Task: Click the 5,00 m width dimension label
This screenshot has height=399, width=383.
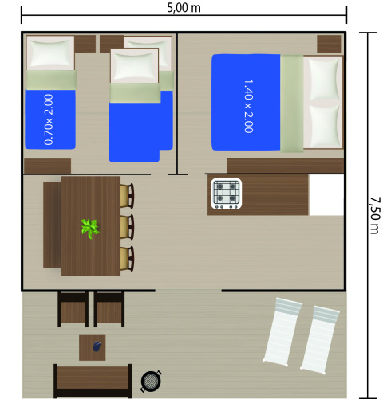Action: click(x=184, y=9)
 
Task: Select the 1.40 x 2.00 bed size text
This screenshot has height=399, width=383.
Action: click(x=247, y=105)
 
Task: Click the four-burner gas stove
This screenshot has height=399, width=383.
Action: click(x=225, y=194)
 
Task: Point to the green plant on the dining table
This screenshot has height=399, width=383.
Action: click(x=89, y=229)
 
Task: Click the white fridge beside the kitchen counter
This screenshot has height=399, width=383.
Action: click(x=326, y=195)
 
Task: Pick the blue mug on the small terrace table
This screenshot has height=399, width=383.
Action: click(x=97, y=346)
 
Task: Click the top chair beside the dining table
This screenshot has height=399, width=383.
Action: click(x=127, y=196)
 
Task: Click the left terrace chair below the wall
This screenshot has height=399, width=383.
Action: click(x=73, y=309)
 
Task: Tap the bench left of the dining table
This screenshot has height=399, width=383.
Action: click(x=52, y=225)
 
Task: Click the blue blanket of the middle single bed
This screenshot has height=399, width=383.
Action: click(x=140, y=125)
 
